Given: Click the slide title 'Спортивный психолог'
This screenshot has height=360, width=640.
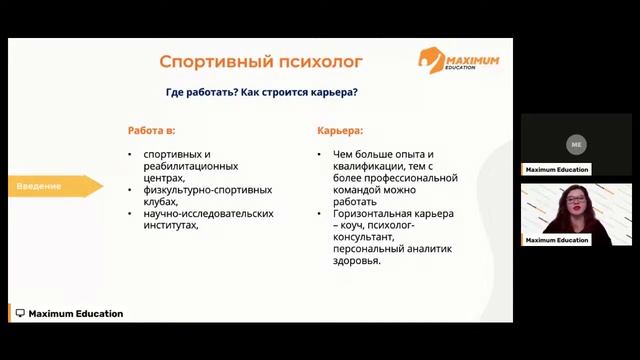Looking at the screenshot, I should coord(261,62).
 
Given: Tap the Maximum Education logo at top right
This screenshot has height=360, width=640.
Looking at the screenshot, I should coord(460,61).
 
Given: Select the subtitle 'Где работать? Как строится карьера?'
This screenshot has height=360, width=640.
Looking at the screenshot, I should coord(261,93).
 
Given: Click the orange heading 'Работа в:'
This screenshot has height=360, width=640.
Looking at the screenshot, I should coord(158,131).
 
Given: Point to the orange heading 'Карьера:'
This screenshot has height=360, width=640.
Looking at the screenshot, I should coord(340,131).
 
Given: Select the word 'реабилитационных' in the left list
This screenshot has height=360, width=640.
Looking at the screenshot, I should coord(191,166).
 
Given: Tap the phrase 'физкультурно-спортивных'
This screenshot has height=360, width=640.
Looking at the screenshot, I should coord(208,189).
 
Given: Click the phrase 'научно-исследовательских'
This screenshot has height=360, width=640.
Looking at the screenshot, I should coord(208,213).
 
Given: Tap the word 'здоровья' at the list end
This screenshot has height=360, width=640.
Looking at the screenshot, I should coord(356,261).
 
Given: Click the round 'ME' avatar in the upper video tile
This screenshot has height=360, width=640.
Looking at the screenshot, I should coord(576,145).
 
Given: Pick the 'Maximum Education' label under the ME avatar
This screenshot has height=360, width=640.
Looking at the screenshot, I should coord(557,170).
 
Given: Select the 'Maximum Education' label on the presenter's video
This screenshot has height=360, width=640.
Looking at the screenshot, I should coord(557,240).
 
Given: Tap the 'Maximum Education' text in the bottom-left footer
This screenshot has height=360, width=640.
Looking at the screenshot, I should coord(76,314).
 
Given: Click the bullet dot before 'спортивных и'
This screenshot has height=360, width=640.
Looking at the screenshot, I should coord(131,154).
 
